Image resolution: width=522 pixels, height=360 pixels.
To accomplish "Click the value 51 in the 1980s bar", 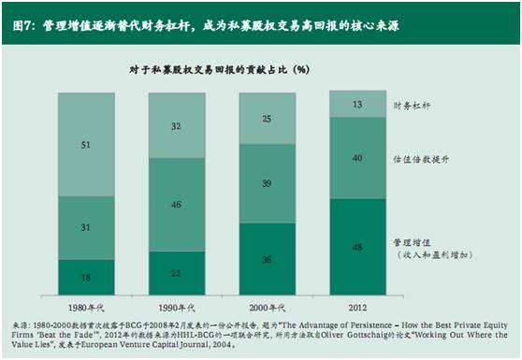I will (87, 145).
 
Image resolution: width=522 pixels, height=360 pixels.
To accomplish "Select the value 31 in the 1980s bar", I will (87, 228).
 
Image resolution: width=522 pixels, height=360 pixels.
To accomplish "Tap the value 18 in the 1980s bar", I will (87, 278).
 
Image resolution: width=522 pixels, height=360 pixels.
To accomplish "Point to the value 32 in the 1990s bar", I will (177, 126).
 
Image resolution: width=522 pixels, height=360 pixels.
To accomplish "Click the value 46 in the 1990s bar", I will (177, 203).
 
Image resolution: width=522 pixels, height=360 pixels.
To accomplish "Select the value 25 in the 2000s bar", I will (267, 119).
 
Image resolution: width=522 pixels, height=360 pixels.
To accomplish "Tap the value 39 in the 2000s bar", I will (267, 185).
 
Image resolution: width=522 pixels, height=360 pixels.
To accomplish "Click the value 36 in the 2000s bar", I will (267, 259).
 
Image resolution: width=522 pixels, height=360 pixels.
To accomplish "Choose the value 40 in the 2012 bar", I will (357, 158).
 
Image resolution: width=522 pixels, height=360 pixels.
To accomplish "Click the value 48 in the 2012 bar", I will (357, 247).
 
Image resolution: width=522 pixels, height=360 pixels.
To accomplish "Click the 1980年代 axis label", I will (87, 307).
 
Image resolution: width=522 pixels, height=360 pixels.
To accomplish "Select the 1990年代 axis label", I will (177, 307).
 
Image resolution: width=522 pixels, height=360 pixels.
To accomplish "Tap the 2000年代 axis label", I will (267, 307).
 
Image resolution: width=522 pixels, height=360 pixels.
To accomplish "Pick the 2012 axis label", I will (357, 307).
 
